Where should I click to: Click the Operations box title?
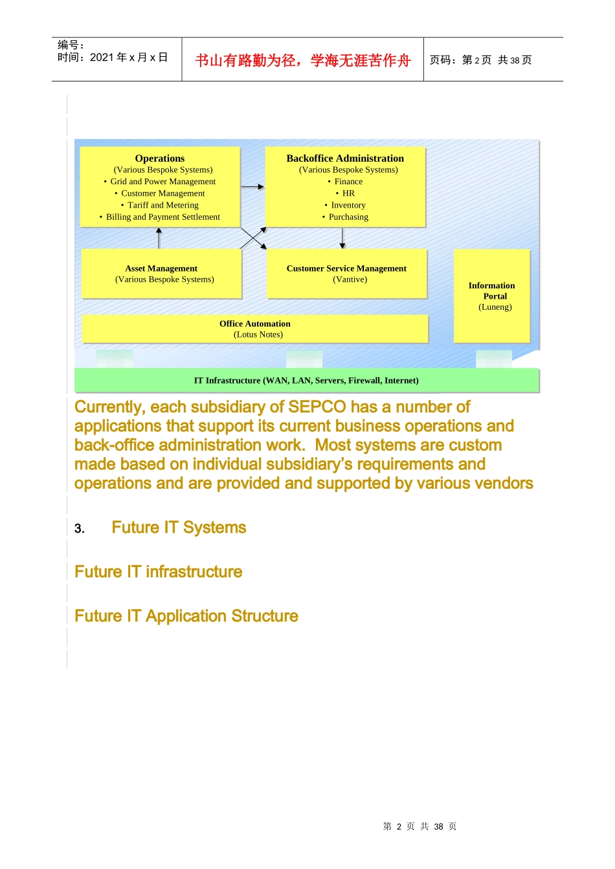tap(160, 158)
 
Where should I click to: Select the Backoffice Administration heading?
tap(345, 158)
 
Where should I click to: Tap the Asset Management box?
tap(162, 274)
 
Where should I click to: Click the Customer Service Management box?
tap(347, 274)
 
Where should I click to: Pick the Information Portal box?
tap(492, 296)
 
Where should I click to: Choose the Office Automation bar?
tap(255, 328)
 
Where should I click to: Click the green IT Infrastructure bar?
tap(306, 380)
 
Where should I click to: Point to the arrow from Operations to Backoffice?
tap(252, 187)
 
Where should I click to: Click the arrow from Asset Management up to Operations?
tap(159, 238)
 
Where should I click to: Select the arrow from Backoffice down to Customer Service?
tap(342, 238)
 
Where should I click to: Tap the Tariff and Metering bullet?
tap(162, 205)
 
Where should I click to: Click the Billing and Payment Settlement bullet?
tap(162, 217)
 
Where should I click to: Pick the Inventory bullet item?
tap(348, 205)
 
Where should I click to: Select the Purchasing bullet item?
tap(348, 217)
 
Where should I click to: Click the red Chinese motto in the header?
tap(303, 60)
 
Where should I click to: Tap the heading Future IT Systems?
tap(179, 528)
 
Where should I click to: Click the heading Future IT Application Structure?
tap(186, 616)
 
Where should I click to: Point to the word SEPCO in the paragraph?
tap(317, 407)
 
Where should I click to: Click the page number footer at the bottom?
tap(419, 826)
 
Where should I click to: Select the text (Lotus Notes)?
tap(258, 335)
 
